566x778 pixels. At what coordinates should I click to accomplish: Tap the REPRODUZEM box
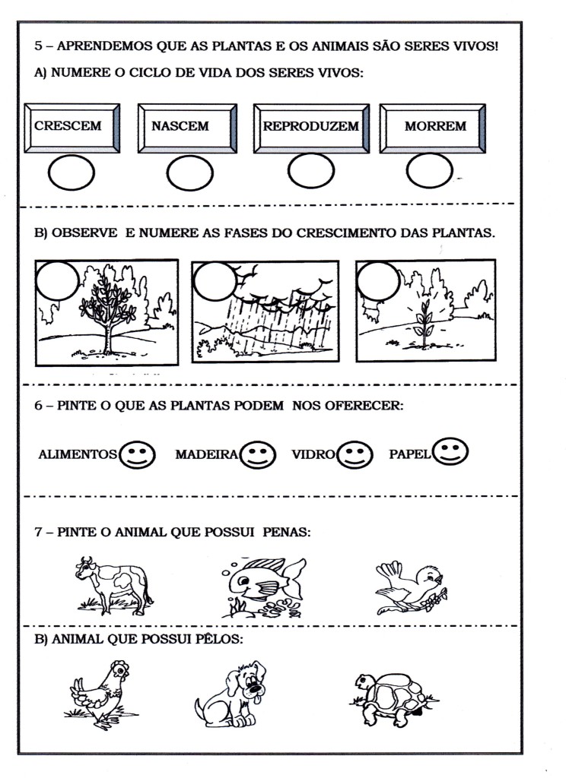(310, 127)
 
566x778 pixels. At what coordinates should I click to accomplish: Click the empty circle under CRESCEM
(72, 175)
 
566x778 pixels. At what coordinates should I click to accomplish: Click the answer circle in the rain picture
(215, 280)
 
